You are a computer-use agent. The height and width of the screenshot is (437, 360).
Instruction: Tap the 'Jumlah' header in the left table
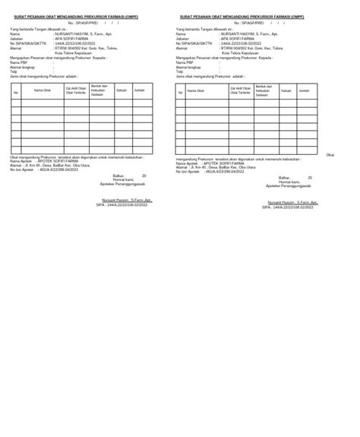click(x=139, y=90)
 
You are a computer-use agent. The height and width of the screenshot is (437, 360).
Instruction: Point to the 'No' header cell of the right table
click(x=180, y=92)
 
